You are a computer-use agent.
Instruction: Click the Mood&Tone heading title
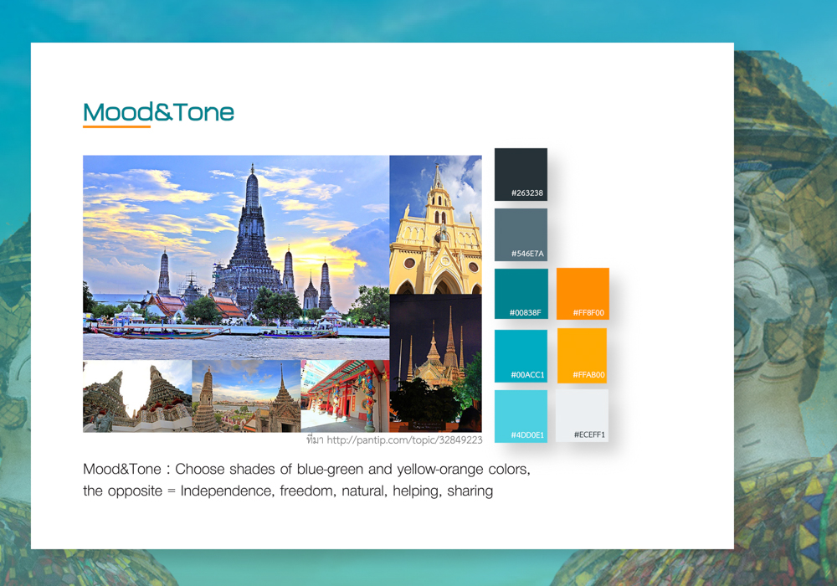pos(158,112)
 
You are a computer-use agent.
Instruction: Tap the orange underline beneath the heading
pos(116,126)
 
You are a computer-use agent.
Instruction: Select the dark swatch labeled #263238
pos(521,174)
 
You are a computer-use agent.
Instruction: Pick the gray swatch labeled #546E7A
pos(521,234)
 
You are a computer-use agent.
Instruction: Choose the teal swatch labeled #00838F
pos(521,294)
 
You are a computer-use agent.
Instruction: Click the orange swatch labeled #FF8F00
pos(583,294)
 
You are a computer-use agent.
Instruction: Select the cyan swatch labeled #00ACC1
pos(521,356)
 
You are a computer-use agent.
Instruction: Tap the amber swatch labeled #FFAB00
pos(582,356)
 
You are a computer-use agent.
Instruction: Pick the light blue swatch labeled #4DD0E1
pos(521,416)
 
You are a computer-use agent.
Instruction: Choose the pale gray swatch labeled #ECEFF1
pos(582,416)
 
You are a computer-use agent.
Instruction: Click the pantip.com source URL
pos(404,439)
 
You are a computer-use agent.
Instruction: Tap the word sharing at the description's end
pos(470,491)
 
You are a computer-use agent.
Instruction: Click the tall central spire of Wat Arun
pos(252,213)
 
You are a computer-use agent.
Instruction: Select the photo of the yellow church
pos(435,224)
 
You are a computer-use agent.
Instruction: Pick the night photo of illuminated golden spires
pos(435,363)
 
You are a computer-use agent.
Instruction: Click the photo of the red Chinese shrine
pos(346,396)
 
